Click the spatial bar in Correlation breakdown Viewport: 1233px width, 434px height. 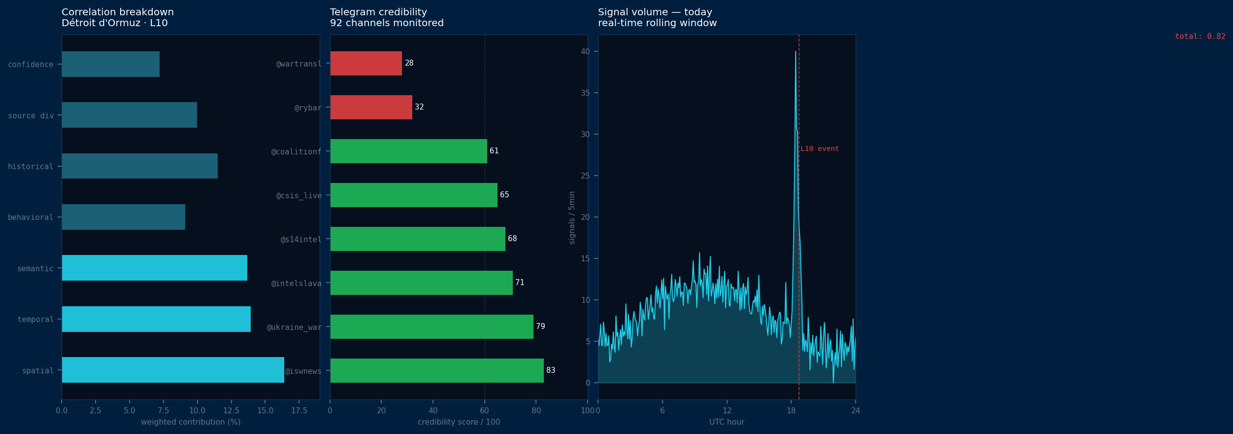coord(173,370)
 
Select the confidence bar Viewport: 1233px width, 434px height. coord(110,64)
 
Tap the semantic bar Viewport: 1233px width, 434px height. coord(154,268)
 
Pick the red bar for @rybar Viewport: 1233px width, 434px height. coord(371,108)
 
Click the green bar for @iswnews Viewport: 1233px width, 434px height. coord(437,370)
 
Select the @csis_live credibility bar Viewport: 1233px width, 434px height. coord(414,195)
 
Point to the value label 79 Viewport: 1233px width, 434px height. coord(540,326)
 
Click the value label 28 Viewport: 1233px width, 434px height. coord(409,63)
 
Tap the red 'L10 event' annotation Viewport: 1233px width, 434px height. coord(819,149)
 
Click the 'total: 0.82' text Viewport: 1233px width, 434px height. coord(1200,36)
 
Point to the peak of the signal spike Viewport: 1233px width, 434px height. coord(796,52)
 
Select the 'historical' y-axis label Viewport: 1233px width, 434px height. coord(31,167)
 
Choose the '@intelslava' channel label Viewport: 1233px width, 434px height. coord(297,284)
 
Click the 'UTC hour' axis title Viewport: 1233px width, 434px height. coord(727,422)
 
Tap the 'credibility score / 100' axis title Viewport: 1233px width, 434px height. coord(459,422)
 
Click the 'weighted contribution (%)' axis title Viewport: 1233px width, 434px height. coord(191,422)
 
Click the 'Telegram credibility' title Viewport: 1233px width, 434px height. coord(378,12)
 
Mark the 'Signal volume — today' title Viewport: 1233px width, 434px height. coord(655,12)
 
